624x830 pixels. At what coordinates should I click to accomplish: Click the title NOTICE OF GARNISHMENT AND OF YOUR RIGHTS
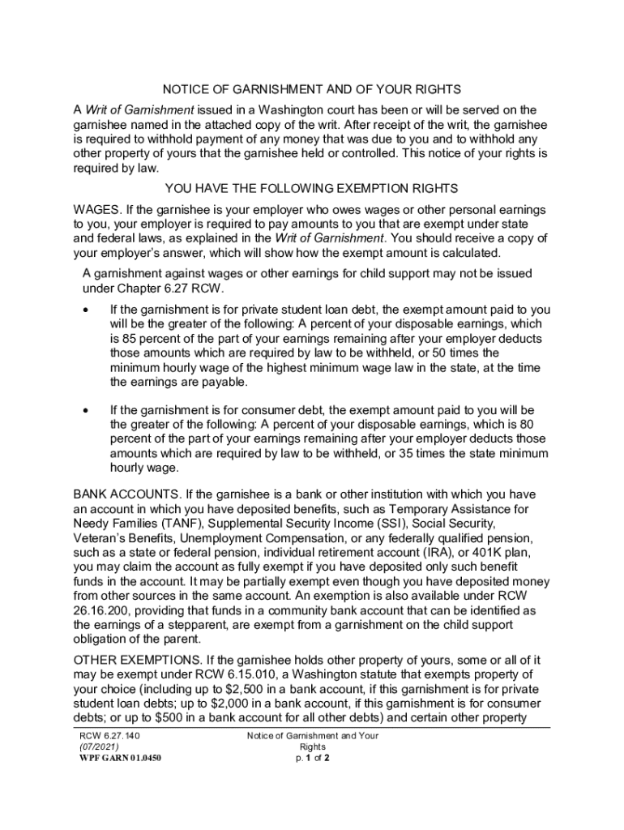point(312,89)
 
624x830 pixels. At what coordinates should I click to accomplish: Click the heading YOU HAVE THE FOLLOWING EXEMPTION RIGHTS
point(312,189)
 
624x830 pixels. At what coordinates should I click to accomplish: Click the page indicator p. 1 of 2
point(312,759)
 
